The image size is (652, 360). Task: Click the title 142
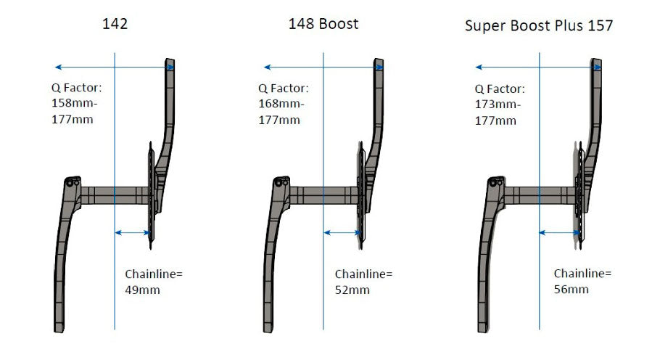[115, 23]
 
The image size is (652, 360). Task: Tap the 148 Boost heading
[323, 24]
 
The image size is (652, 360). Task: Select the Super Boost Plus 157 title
[538, 25]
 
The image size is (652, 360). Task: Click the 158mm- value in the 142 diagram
[74, 103]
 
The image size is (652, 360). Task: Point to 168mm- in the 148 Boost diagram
[281, 104]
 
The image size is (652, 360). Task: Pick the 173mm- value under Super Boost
[498, 104]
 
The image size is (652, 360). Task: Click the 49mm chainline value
[142, 290]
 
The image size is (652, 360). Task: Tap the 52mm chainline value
[352, 290]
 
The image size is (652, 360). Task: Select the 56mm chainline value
[571, 290]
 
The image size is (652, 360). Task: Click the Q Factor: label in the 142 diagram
[76, 88]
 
